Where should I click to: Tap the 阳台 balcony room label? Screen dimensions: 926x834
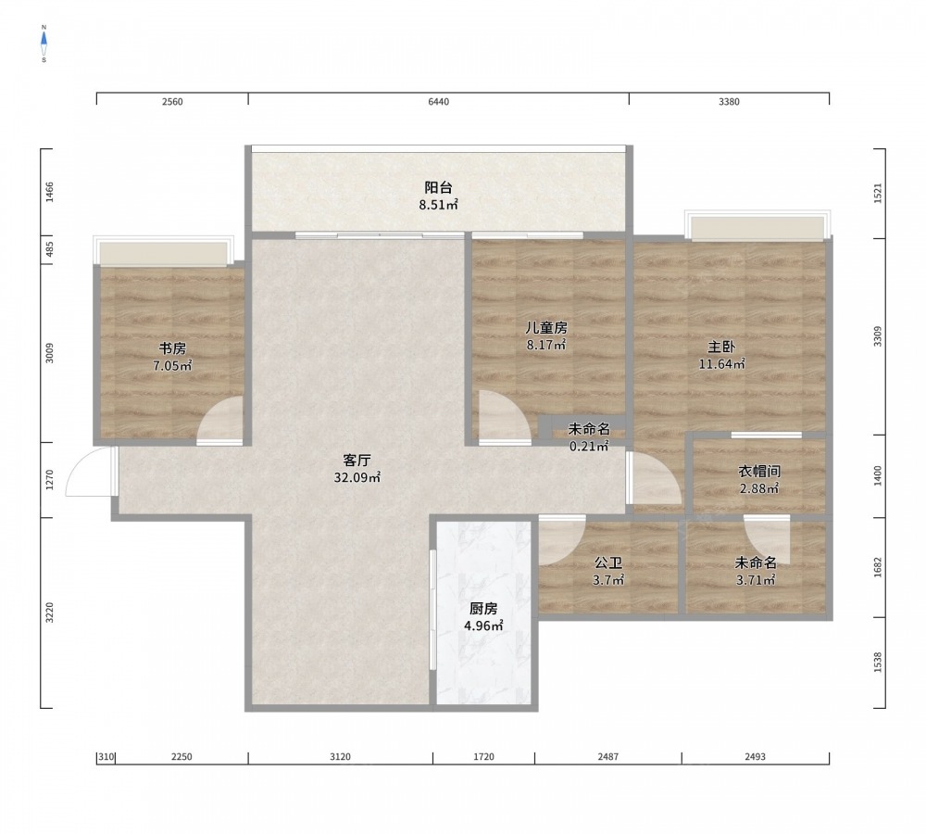[439, 188]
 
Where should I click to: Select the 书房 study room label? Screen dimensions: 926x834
[172, 348]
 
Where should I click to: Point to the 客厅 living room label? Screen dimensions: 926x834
[357, 460]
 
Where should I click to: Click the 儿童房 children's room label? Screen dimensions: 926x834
[546, 327]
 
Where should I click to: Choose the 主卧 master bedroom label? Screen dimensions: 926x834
[721, 347]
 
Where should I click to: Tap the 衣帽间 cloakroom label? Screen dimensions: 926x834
[759, 471]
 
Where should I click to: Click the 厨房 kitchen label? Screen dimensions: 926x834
[483, 608]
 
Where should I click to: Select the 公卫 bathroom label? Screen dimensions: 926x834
[608, 562]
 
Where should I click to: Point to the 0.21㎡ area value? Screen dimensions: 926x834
[589, 447]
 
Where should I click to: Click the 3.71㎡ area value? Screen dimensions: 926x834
[756, 580]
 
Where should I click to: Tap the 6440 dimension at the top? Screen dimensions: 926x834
[438, 102]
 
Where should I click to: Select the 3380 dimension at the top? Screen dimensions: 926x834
[729, 102]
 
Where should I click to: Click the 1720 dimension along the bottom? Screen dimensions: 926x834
[483, 756]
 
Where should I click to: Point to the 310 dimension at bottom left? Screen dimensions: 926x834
[106, 756]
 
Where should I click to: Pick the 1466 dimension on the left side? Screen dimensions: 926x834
[50, 193]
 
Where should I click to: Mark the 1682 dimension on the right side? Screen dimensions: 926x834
[877, 567]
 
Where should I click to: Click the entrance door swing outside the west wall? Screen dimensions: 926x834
[90, 471]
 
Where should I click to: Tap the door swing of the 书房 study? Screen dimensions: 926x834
[219, 419]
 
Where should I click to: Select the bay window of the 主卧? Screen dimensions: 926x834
[757, 225]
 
